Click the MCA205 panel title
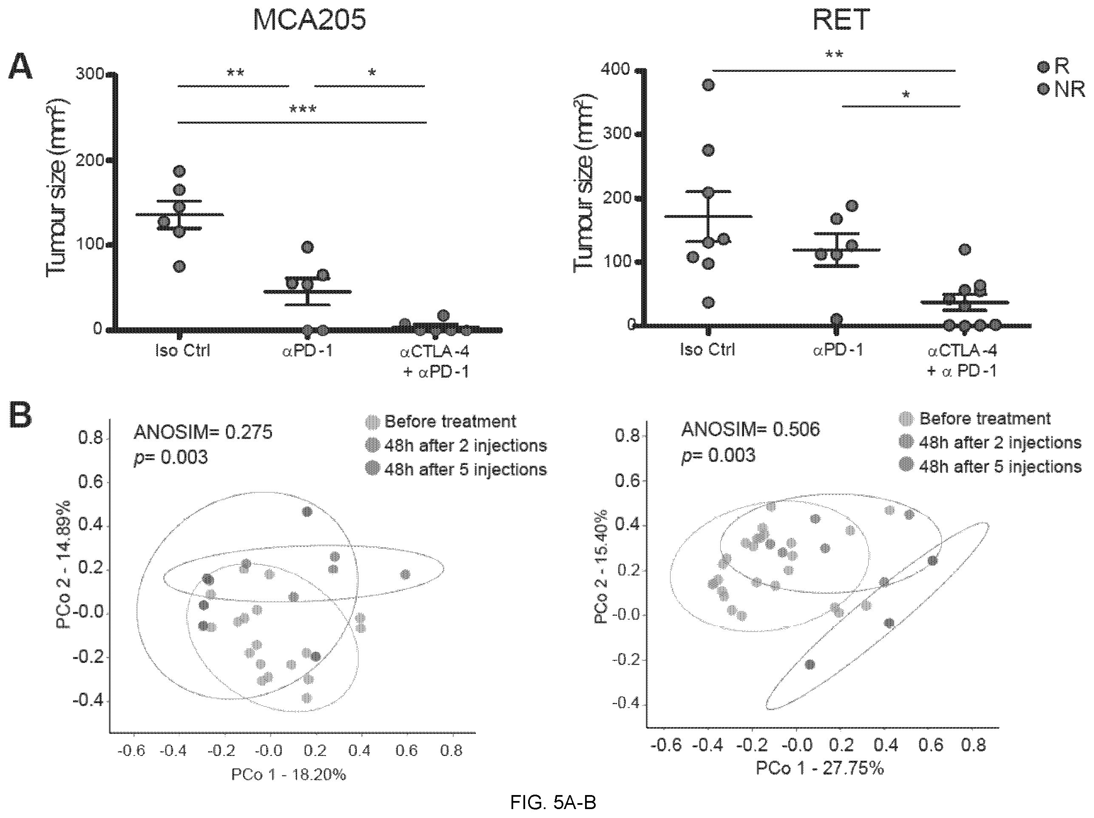tap(309, 20)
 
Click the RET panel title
tap(841, 20)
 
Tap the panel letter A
tap(20, 67)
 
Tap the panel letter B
tap(21, 416)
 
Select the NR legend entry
tap(1061, 90)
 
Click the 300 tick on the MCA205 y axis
tap(90, 74)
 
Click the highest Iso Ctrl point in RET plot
tap(708, 85)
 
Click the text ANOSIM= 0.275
tap(203, 433)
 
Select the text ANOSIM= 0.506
tap(750, 430)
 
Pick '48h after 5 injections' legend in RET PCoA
tap(990, 466)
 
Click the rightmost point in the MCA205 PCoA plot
tap(406, 575)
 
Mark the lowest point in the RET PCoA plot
tap(810, 665)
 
